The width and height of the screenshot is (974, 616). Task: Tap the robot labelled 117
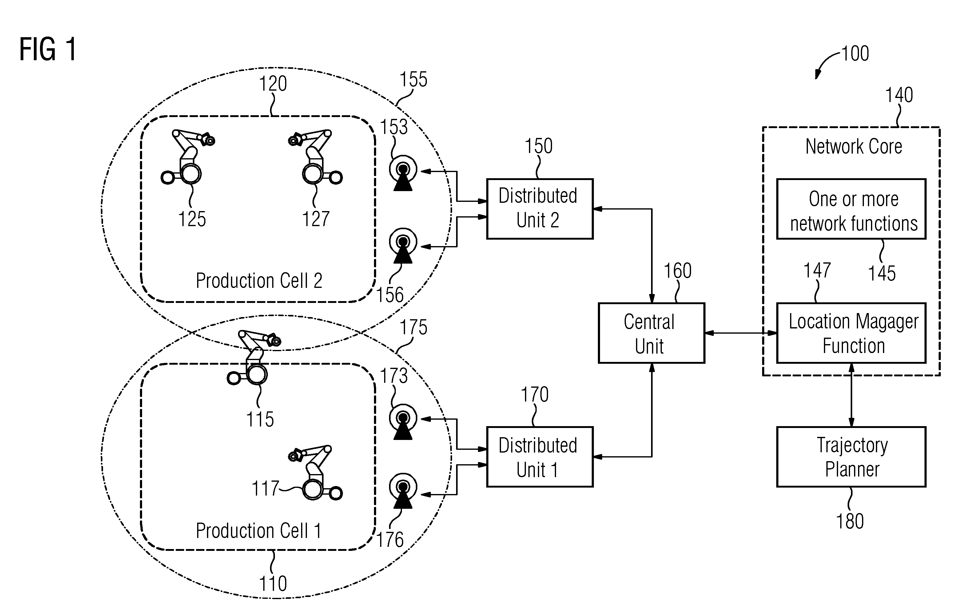point(316,473)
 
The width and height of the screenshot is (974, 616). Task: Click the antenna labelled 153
point(403,173)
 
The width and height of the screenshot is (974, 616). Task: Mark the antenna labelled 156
point(403,245)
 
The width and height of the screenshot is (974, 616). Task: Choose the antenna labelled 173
point(403,422)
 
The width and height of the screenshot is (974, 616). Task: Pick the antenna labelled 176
point(403,491)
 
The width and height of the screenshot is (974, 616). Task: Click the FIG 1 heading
point(48,49)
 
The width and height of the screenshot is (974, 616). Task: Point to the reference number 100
point(855,54)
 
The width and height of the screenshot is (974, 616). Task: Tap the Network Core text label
point(853,146)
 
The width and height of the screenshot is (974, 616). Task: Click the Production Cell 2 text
point(259,281)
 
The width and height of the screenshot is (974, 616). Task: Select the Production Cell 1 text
point(259,530)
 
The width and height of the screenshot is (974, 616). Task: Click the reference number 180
point(850,521)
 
